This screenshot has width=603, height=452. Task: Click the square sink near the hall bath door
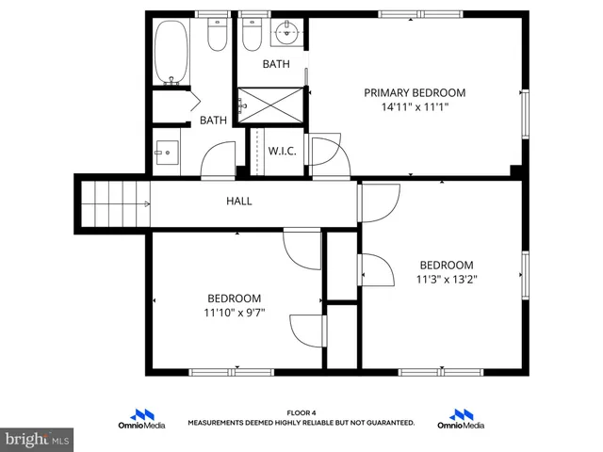click(x=167, y=152)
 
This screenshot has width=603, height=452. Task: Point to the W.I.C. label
click(x=283, y=152)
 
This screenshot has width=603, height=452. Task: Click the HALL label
click(x=238, y=201)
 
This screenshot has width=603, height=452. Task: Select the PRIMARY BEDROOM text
click(x=415, y=92)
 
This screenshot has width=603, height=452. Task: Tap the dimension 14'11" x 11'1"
click(x=415, y=107)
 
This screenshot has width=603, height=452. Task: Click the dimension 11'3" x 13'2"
click(x=447, y=279)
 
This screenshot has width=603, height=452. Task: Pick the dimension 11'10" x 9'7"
click(x=235, y=313)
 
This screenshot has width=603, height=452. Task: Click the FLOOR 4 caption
click(x=301, y=413)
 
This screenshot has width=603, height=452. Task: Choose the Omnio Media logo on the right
click(x=461, y=419)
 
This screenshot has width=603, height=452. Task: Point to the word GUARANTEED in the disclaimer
click(x=387, y=423)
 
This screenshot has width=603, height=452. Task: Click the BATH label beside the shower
click(x=276, y=64)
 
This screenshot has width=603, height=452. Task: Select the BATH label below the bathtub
click(x=213, y=120)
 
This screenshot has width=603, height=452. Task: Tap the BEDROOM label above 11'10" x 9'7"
click(x=235, y=298)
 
